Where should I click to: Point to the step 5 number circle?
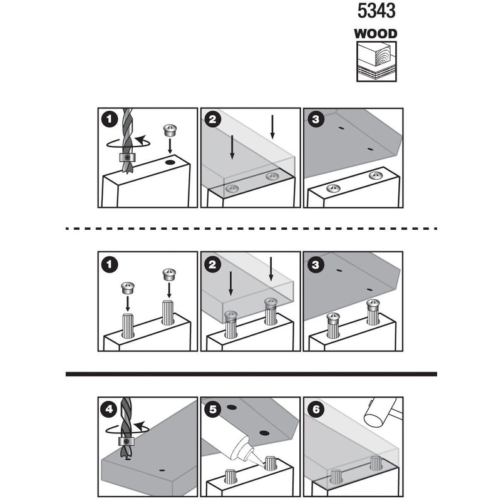[x=212, y=411]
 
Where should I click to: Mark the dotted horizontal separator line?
[x=250, y=229]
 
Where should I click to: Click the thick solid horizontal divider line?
[x=250, y=374]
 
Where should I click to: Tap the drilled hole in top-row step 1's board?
[x=169, y=163]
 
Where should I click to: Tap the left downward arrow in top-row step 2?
[x=232, y=147]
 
